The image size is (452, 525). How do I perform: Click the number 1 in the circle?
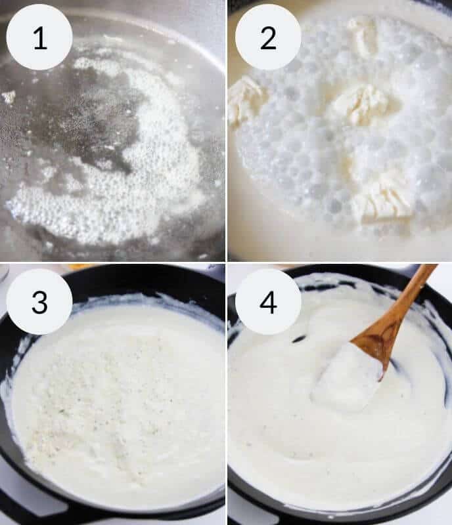(40, 38)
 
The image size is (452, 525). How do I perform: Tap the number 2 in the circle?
(268, 38)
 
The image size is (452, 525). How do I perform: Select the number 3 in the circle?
(39, 302)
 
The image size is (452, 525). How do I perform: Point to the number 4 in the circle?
(268, 302)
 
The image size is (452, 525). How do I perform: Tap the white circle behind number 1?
(39, 37)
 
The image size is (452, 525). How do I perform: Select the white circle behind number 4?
(268, 302)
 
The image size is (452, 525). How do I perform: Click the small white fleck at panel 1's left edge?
(9, 97)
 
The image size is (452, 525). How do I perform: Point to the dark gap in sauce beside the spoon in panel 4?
(300, 339)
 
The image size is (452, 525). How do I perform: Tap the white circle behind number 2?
(268, 37)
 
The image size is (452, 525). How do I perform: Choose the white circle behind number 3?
(39, 302)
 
